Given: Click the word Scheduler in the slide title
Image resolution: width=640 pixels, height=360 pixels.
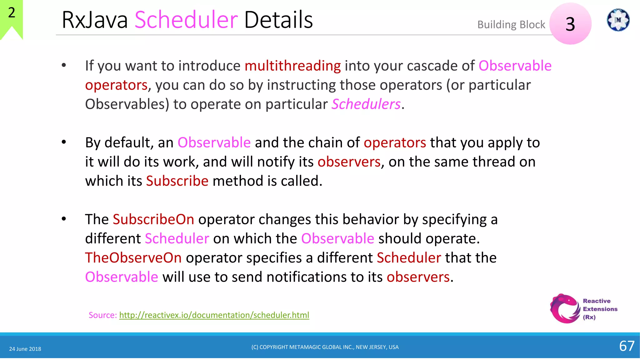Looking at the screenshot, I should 186,20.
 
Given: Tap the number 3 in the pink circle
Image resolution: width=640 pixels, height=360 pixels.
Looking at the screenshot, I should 570,24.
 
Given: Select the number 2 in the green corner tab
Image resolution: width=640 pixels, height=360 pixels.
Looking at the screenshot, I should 12,13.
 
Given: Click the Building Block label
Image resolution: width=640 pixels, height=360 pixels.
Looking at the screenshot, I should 511,25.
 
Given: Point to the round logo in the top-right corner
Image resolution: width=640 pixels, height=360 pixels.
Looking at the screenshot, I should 618,20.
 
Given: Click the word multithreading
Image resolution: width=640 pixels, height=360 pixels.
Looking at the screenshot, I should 292,66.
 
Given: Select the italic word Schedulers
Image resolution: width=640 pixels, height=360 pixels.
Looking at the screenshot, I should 366,104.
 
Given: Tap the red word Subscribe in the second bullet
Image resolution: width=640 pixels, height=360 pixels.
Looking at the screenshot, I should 177,181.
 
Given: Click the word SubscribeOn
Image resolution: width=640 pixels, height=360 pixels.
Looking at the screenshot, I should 153,219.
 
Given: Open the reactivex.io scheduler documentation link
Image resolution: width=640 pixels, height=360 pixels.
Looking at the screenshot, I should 214,315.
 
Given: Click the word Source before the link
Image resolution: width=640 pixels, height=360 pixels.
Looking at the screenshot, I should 102,315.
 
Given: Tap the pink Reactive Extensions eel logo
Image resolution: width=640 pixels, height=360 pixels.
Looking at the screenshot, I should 565,308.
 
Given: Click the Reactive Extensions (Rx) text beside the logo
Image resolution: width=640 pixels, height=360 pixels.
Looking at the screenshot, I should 600,309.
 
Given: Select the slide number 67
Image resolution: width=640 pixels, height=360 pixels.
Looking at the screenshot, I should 627,346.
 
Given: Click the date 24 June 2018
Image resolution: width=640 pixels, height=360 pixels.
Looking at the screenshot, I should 25,349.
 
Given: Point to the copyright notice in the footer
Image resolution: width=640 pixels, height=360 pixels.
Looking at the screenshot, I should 325,347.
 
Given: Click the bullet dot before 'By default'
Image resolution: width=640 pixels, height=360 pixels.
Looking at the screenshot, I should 64,142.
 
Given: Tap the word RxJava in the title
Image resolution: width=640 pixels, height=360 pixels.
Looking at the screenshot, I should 95,20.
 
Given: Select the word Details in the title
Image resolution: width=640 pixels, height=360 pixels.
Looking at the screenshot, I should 278,20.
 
